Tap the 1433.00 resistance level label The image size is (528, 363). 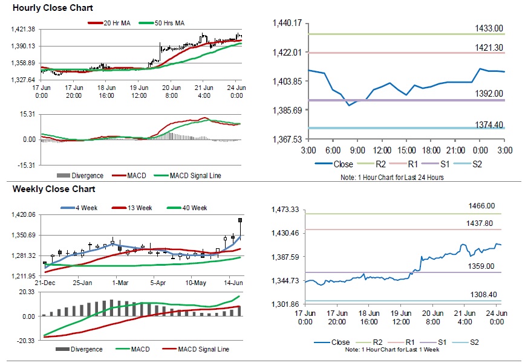489,28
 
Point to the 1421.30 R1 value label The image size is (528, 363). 489,47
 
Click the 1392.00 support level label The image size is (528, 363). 489,94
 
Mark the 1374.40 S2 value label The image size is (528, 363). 489,124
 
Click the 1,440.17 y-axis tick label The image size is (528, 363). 287,23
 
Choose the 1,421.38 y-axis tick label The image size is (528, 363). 24,30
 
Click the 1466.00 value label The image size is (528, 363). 481,206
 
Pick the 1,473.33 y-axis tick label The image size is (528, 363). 287,210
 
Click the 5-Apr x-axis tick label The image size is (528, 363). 158,283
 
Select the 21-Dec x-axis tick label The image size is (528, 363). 45,283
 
